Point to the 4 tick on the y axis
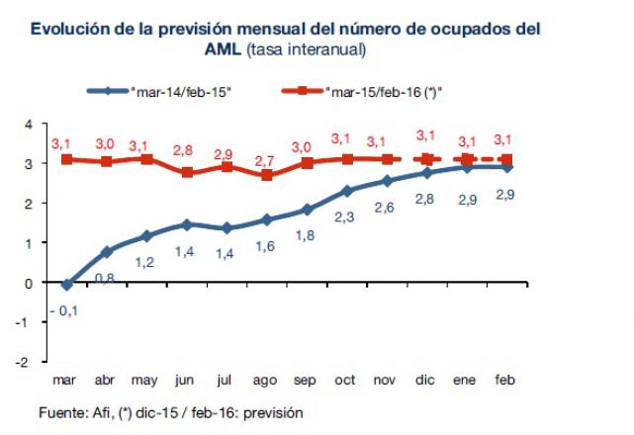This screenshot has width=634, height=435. coord(30,124)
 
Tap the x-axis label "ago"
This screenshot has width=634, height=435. coord(266,380)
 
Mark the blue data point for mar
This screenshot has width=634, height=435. coord(66,285)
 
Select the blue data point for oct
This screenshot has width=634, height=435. coord(347,191)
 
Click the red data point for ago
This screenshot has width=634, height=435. coord(267,175)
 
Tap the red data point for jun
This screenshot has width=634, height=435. coord(187,172)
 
